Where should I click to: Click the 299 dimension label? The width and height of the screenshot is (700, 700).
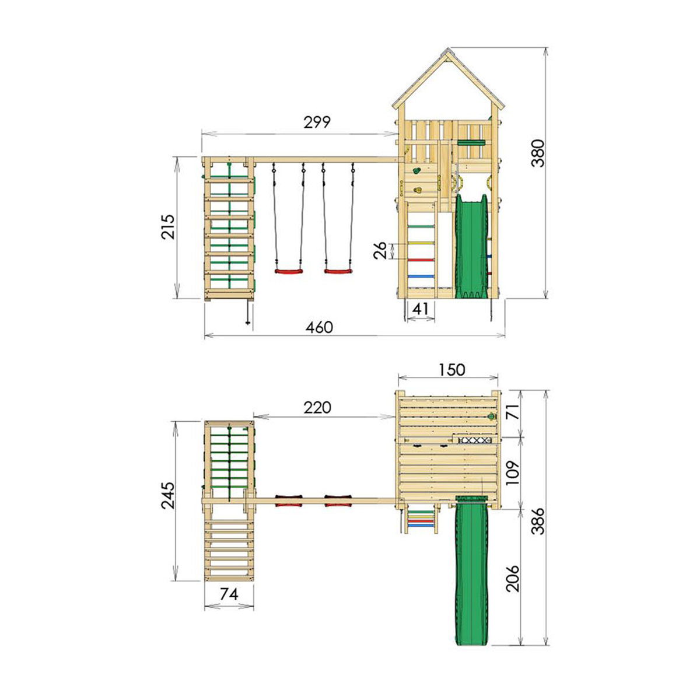click(317, 123)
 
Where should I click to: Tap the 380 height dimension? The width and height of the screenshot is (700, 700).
click(538, 153)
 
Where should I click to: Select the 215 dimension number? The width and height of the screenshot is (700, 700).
click(167, 227)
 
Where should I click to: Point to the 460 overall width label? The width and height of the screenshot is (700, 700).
click(319, 327)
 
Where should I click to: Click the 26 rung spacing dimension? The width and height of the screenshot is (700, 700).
click(380, 251)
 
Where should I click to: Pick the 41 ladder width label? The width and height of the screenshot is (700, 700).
click(420, 309)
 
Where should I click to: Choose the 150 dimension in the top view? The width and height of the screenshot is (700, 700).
click(452, 370)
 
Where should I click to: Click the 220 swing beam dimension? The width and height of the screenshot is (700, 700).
click(317, 408)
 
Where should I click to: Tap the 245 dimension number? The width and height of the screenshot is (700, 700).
click(169, 495)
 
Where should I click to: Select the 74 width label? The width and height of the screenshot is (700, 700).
click(229, 594)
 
